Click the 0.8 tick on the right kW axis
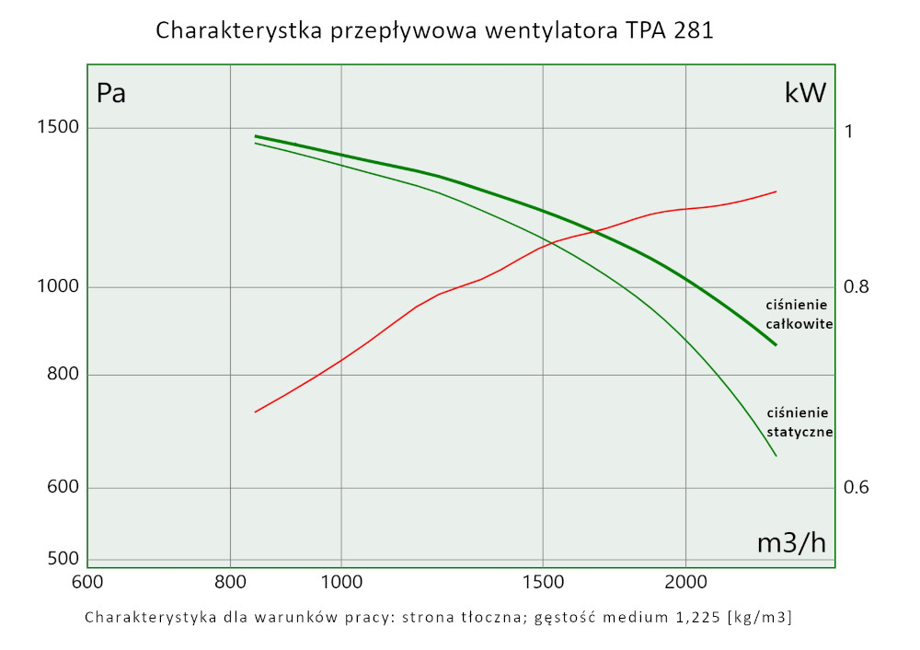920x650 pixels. coord(857,287)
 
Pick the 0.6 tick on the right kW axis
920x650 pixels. coord(857,487)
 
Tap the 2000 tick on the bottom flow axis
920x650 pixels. coord(685,582)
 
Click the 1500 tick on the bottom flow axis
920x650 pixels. coord(543,582)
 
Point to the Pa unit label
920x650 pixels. coord(111,93)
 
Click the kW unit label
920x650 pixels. coord(805,93)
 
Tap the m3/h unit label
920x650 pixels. coord(791,543)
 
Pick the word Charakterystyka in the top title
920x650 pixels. coord(237,30)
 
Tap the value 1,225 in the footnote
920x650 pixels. coord(696,617)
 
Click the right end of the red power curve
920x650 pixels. coord(776,192)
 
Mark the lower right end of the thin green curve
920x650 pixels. coord(776,456)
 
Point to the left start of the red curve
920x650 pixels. coord(255,412)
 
